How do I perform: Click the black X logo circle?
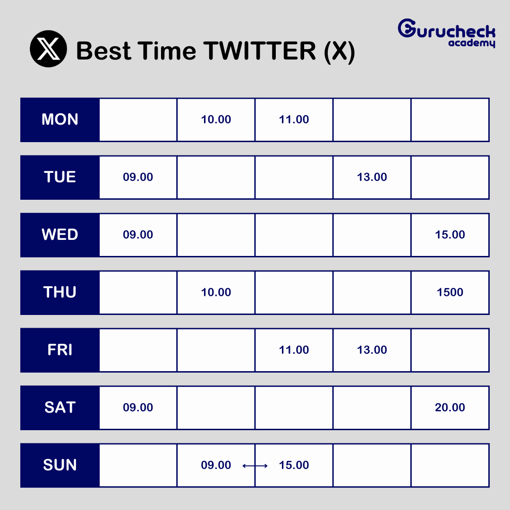(x=49, y=49)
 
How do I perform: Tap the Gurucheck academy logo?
(x=447, y=33)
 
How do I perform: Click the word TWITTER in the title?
(x=260, y=51)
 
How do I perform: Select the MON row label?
(x=60, y=119)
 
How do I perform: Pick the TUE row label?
(x=60, y=177)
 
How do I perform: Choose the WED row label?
(x=60, y=235)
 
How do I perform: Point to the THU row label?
(x=60, y=292)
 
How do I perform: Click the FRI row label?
(x=60, y=350)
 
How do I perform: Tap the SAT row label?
(x=60, y=408)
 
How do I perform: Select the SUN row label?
(x=60, y=465)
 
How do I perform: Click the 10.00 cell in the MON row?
(x=216, y=119)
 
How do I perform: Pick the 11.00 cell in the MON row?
(x=294, y=119)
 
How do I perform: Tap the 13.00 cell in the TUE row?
(x=372, y=177)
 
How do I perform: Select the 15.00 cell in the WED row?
(x=450, y=235)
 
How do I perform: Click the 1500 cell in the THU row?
(x=450, y=292)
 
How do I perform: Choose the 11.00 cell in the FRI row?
(x=294, y=350)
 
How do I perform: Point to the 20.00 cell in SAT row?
(x=450, y=408)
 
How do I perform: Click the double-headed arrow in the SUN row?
(x=255, y=466)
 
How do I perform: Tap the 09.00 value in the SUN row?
(x=216, y=465)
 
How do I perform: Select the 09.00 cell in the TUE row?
(x=138, y=177)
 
